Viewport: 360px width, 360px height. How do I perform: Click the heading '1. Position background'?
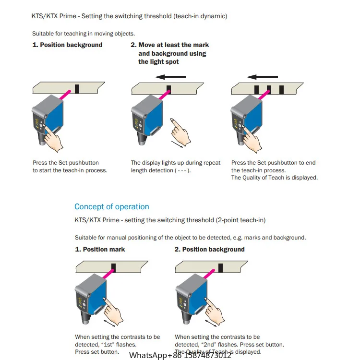click(67, 45)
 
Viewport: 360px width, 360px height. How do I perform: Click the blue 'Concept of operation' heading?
click(111, 206)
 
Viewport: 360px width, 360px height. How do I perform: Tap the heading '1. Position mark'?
click(100, 249)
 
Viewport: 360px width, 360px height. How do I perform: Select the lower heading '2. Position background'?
click(209, 249)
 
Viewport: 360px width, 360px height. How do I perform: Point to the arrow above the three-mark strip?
click(262, 76)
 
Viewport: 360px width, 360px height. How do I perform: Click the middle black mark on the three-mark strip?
click(269, 89)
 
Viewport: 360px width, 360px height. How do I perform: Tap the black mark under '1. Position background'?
click(77, 89)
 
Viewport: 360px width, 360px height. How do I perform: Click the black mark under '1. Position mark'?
click(114, 267)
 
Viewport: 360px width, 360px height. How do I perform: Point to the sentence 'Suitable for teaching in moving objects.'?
click(84, 34)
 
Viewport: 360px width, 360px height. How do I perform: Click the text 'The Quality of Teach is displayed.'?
click(274, 178)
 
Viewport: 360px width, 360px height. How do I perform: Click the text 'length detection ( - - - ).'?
click(161, 170)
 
